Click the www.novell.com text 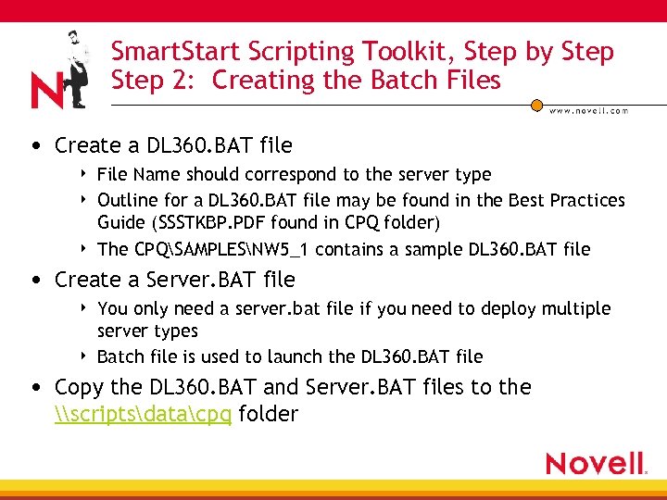588,110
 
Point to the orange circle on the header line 536,106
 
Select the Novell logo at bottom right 595,463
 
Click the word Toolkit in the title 406,52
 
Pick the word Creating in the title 261,81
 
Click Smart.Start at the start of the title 170,52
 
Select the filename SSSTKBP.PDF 221,223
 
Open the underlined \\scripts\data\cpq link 144,414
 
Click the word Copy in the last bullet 79,387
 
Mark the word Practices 584,200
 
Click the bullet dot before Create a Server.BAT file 35,280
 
